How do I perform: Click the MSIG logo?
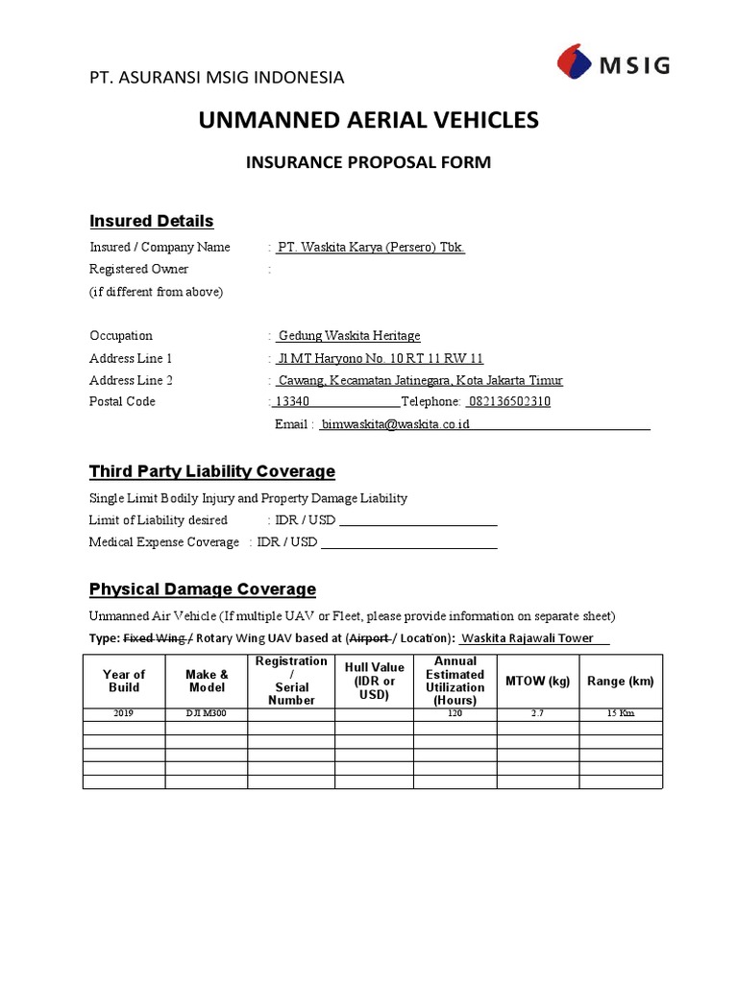tap(612, 66)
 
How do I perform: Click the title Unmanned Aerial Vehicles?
tap(368, 120)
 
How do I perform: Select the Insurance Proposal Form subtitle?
tap(368, 162)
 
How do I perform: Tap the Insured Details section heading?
tap(151, 221)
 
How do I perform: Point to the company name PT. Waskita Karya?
tap(370, 248)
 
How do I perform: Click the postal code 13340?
tap(292, 402)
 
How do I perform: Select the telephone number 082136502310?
tap(508, 402)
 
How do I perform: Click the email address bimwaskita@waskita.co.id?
tap(395, 424)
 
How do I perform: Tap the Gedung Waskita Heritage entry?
tap(349, 336)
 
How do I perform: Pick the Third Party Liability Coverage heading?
tap(211, 471)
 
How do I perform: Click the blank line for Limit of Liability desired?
tap(418, 521)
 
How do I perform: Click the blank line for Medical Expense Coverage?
tap(408, 543)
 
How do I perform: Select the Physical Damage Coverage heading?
tap(202, 588)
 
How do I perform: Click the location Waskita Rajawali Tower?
tap(534, 638)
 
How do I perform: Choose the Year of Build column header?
tap(124, 681)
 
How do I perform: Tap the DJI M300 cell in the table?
tap(207, 714)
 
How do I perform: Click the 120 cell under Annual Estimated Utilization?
tap(455, 714)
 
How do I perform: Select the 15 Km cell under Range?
tap(620, 714)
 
